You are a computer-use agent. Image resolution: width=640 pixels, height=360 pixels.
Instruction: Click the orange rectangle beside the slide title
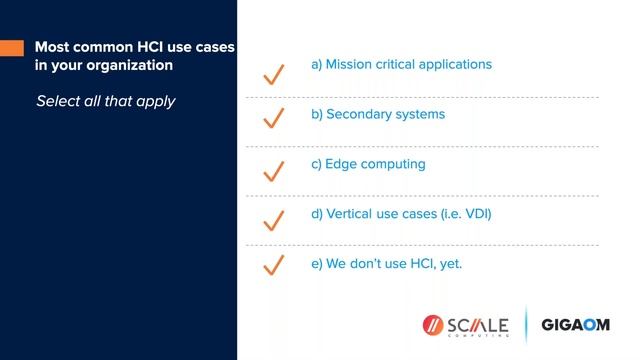click(11, 47)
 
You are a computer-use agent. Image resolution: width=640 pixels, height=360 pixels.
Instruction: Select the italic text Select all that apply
click(105, 101)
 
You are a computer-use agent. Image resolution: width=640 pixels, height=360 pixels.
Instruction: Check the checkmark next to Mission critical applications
click(273, 74)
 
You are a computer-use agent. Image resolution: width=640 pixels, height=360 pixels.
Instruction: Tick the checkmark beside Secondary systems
click(273, 120)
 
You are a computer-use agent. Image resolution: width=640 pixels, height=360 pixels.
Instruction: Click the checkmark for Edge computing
click(273, 171)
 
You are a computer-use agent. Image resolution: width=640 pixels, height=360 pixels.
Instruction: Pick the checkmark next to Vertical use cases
click(273, 220)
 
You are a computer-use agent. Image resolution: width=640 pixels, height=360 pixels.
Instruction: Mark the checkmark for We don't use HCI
click(273, 266)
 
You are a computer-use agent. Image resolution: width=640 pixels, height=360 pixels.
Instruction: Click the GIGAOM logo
click(575, 325)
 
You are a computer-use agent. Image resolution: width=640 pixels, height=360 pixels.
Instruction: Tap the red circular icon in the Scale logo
click(432, 325)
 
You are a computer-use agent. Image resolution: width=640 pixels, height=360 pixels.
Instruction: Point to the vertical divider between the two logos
click(525, 325)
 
